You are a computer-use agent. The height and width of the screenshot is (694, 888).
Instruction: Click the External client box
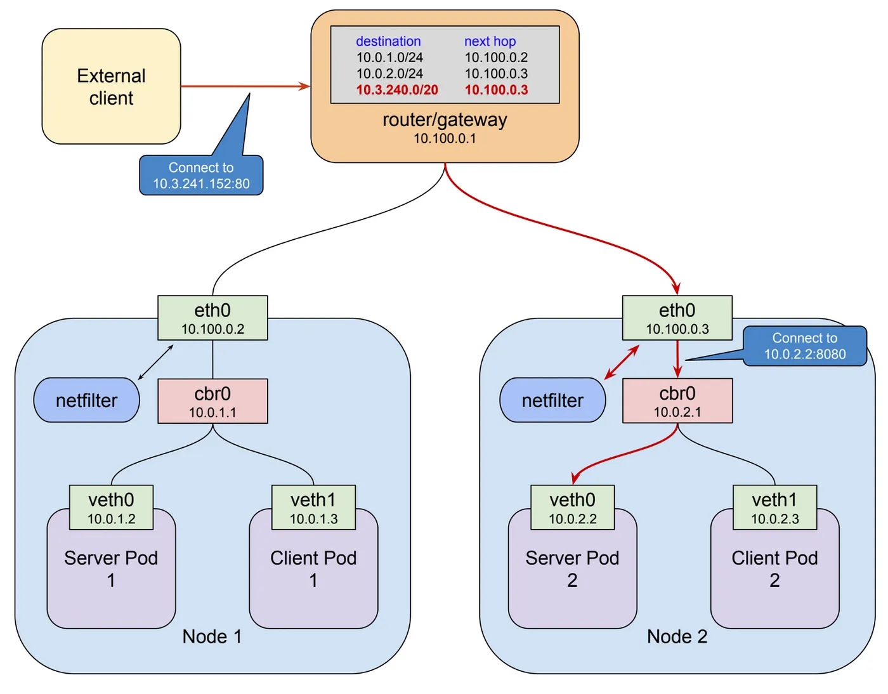coord(111,86)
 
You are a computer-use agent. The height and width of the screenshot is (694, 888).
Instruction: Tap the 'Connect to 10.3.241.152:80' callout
coord(201,176)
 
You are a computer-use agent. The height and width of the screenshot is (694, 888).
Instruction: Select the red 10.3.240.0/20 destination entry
coord(397,90)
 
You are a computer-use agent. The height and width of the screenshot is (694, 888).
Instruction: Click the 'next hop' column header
coord(490,41)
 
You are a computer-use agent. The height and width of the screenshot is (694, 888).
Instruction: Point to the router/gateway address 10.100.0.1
coord(445,138)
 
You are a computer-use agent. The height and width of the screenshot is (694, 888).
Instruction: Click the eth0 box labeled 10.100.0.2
coord(212,318)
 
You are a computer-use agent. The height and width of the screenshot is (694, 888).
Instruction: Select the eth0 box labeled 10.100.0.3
coord(677,318)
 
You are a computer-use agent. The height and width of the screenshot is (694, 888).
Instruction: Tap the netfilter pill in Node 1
coord(87,400)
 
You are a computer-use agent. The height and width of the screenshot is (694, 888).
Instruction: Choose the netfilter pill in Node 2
coord(552,400)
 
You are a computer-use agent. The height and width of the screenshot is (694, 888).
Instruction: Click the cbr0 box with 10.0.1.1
coord(212,402)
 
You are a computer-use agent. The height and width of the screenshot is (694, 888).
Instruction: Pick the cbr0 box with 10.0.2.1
coord(677,402)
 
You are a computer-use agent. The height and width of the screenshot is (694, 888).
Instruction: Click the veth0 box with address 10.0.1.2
coord(111,507)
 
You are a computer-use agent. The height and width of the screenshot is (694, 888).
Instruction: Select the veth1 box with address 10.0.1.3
coord(313,507)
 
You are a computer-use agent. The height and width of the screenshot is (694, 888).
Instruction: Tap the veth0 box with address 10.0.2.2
coord(572,507)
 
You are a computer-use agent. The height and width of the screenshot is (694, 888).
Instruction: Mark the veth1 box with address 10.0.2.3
coord(774,507)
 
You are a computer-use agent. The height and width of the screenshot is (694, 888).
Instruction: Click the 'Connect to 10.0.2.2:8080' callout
coord(804,346)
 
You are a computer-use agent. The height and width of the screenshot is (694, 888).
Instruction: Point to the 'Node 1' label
coord(212,636)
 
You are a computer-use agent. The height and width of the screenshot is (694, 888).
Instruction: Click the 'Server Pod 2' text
coord(572,568)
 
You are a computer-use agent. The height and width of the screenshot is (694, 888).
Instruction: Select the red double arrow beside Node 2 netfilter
coord(622,362)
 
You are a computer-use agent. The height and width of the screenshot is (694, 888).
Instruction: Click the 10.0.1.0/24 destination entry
coord(389,58)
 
